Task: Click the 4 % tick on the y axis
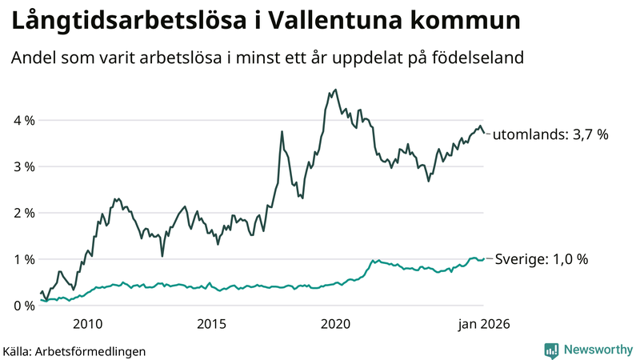coord(23,121)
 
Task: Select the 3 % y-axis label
coord(23,167)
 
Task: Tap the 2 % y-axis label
coord(23,214)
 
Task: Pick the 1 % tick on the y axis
coord(23,260)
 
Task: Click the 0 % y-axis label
coord(23,306)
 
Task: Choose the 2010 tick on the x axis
coord(87,324)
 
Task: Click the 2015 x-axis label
coord(211,324)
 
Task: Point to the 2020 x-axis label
coord(335,324)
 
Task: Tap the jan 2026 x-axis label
coord(483,324)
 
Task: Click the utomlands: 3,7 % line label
coord(550,135)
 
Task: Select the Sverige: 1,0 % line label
coord(542,259)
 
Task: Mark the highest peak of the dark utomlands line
coord(335,90)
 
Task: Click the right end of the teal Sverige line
coord(483,259)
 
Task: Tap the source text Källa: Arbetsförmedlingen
coord(75,351)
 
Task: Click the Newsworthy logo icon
coord(551,350)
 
